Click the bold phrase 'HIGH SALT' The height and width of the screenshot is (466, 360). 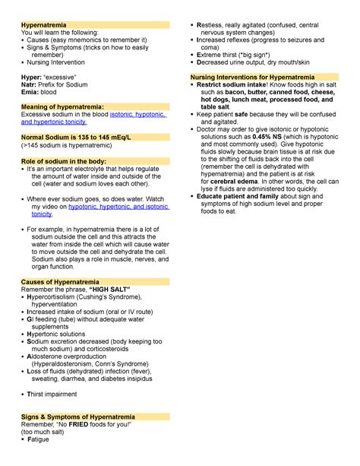(110, 291)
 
